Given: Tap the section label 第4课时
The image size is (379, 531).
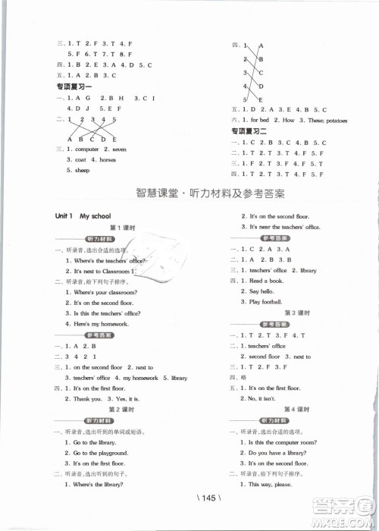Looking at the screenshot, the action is (293, 408).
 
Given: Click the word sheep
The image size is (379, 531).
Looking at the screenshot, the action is (82, 171).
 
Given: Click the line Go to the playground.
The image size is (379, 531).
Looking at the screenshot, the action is (101, 452).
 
